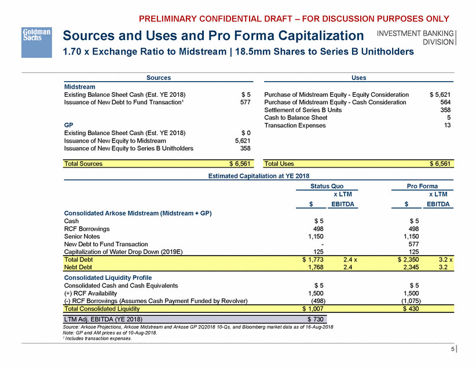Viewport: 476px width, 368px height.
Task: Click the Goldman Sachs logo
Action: point(36,35)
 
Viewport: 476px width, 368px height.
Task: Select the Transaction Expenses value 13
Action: point(447,125)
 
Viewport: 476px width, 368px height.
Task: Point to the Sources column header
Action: point(158,77)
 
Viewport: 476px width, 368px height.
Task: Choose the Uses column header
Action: point(358,77)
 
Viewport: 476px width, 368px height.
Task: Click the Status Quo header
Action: point(327,187)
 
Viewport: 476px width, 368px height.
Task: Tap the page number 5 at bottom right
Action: point(452,349)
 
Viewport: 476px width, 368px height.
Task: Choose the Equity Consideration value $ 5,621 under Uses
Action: point(440,94)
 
